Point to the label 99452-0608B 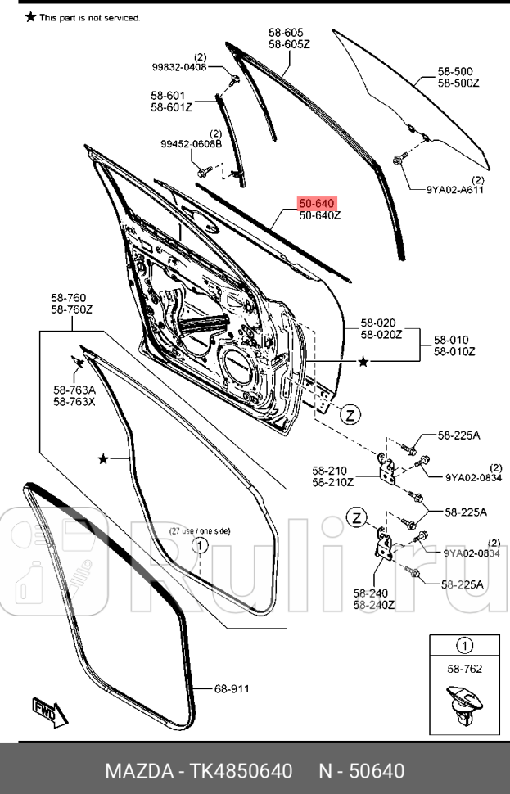coord(191,144)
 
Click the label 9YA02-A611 coord(454,189)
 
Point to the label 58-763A coord(74,390)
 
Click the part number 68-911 coord(232,688)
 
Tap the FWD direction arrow coord(44,711)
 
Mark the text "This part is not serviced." coord(89,17)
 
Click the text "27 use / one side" coord(200,531)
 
